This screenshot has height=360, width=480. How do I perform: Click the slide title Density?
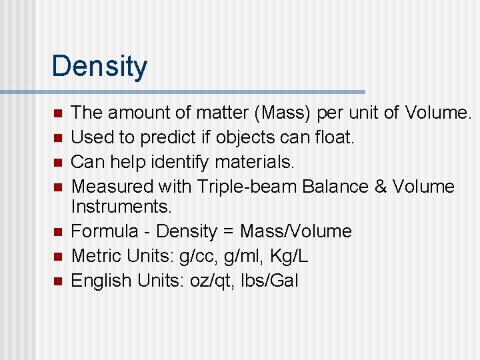[99, 67]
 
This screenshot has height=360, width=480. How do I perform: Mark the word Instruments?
[121, 207]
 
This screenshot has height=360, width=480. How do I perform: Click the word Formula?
[101, 231]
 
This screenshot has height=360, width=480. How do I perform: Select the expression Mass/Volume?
[295, 231]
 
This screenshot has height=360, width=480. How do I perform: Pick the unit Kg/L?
[289, 256]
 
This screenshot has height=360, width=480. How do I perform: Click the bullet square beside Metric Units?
[58, 256]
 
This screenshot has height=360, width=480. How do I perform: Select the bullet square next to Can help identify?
[58, 162]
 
